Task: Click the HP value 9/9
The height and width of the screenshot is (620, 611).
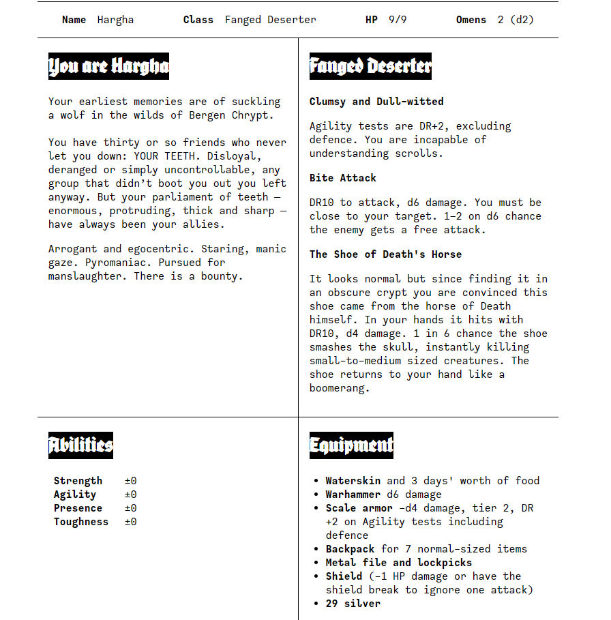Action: pyautogui.click(x=398, y=20)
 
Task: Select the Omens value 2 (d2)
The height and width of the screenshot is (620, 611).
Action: pyautogui.click(x=516, y=20)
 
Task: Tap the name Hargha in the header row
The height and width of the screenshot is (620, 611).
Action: pyautogui.click(x=115, y=20)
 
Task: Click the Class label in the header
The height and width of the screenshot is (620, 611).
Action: pyautogui.click(x=198, y=20)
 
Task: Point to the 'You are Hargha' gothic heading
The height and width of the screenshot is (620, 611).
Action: pyautogui.click(x=108, y=66)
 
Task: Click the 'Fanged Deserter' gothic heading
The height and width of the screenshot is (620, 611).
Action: pyautogui.click(x=370, y=66)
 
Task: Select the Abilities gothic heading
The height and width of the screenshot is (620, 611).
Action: pyautogui.click(x=80, y=445)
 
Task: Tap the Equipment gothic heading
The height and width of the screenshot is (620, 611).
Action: pyautogui.click(x=351, y=445)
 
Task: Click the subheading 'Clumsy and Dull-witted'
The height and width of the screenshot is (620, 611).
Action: pyautogui.click(x=376, y=102)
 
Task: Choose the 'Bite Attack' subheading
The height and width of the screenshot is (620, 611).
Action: pyautogui.click(x=343, y=178)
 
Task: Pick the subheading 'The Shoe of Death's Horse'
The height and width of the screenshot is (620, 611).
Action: pyautogui.click(x=385, y=254)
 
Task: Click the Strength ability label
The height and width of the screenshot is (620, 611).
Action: pyautogui.click(x=78, y=481)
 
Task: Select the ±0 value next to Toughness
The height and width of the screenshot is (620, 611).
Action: pyautogui.click(x=130, y=522)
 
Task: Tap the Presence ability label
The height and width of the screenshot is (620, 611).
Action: pyautogui.click(x=78, y=508)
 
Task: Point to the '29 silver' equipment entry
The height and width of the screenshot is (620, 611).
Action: pyautogui.click(x=353, y=604)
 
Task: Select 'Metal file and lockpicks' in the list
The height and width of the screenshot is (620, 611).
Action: pyautogui.click(x=399, y=563)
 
